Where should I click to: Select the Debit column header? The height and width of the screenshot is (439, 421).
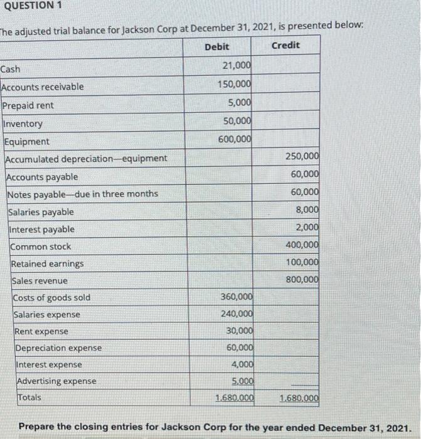[217, 46]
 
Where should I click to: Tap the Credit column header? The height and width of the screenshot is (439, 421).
[286, 45]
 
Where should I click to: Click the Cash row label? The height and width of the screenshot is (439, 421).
[11, 69]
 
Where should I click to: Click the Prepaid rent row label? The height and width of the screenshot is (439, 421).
[28, 105]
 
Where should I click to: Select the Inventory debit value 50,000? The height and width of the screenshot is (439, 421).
[238, 120]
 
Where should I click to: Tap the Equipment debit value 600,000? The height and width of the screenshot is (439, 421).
[235, 139]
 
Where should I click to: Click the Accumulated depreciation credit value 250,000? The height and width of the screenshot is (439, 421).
[302, 156]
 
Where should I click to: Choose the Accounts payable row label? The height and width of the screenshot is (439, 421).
[43, 177]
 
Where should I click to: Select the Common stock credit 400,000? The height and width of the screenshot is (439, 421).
[302, 245]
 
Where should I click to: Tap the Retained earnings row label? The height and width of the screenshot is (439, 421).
[48, 264]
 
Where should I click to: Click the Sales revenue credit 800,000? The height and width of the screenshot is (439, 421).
[302, 279]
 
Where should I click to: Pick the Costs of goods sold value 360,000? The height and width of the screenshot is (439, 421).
[237, 297]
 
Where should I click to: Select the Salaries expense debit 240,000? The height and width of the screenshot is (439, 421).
[237, 314]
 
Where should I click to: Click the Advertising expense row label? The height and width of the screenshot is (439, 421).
[56, 381]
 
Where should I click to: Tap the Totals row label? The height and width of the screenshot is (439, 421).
[29, 397]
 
